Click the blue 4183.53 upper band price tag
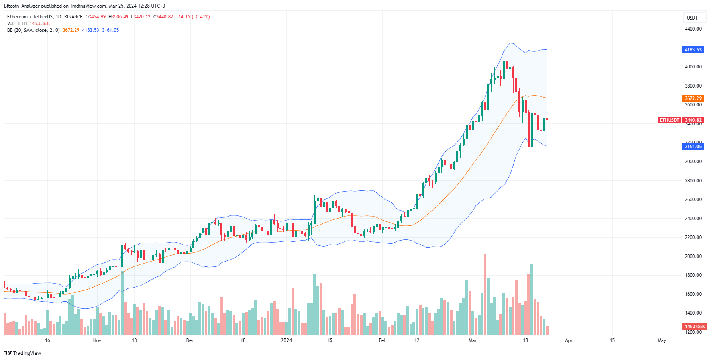[693, 50]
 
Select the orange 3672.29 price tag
[693, 98]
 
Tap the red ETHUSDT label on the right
[669, 120]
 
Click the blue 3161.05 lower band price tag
[693, 147]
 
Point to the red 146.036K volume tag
[694, 327]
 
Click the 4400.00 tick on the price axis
[693, 29]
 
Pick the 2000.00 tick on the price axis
[693, 256]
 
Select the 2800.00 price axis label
[693, 181]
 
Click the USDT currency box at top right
[692, 18]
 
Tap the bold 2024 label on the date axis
[286, 340]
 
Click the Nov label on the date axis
[97, 340]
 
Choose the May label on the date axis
[661, 340]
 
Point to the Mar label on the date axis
[473, 340]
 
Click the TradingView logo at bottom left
[23, 353]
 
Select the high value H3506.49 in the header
[118, 17]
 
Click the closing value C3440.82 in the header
[163, 17]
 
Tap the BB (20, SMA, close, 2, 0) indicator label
[33, 30]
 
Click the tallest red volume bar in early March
[485, 295]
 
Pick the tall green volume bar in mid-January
[314, 305]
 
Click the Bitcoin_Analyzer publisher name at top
[22, 6]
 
